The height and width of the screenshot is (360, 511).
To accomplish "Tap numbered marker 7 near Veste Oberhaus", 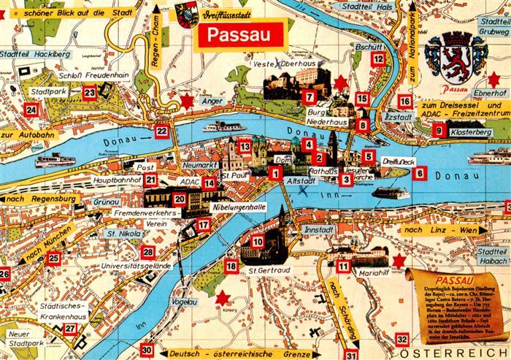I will click(x=310, y=96).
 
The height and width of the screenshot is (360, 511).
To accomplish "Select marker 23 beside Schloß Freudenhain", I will click(x=90, y=92).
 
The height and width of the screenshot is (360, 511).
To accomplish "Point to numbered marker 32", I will click(x=401, y=340).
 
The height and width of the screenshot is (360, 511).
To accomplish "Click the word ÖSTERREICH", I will click(x=468, y=353).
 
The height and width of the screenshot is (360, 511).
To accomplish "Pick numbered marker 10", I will click(x=257, y=242).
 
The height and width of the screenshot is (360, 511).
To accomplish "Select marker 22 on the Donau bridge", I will click(x=162, y=131).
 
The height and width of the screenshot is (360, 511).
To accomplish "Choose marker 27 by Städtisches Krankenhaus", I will click(x=71, y=329).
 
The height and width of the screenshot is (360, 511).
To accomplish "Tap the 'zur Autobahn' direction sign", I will click(x=28, y=135).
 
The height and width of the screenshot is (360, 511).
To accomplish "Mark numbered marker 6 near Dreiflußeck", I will click(x=419, y=173).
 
